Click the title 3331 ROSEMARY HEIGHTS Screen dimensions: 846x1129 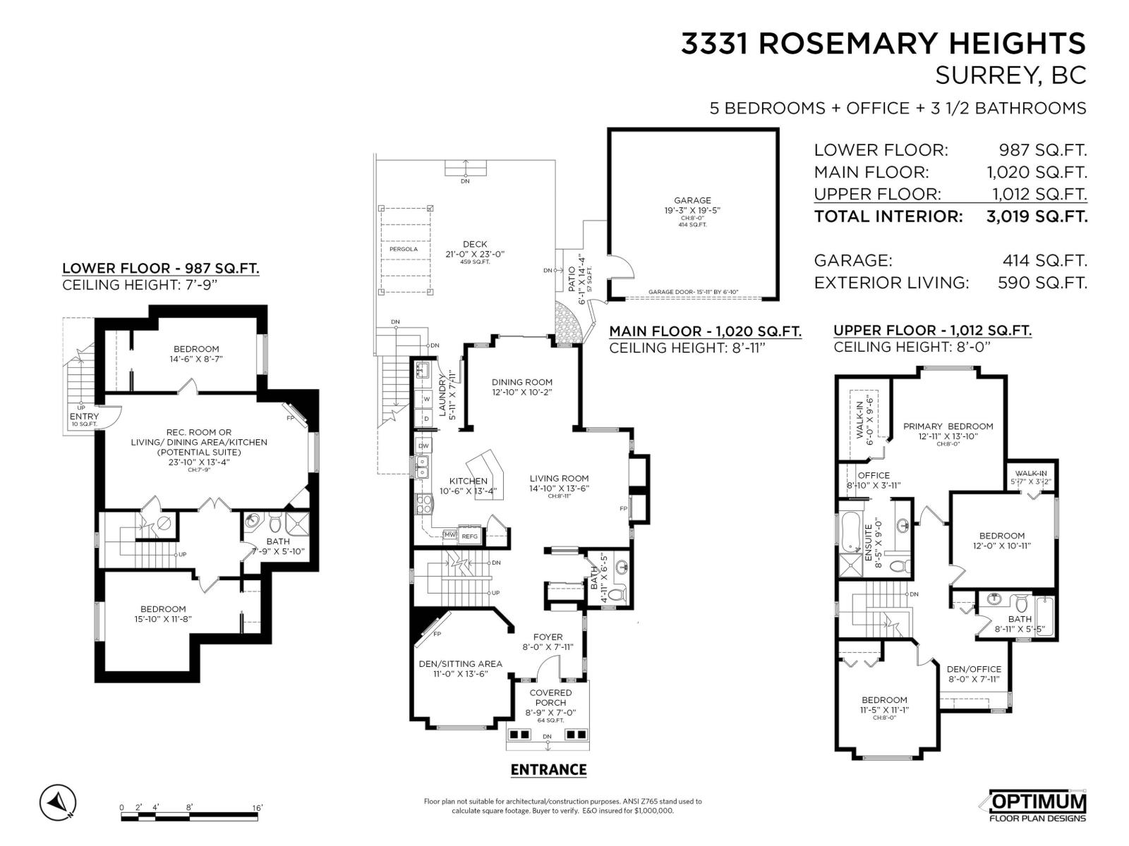tap(883, 44)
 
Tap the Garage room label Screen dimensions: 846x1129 tap(692, 200)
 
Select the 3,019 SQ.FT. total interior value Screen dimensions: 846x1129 tap(1037, 216)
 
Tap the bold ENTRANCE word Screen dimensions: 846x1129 tap(548, 769)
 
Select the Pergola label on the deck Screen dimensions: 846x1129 tap(404, 249)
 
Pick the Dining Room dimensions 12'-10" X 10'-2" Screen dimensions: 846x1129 tap(522, 393)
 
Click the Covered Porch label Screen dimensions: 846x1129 tap(550, 697)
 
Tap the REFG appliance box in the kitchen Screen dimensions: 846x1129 tap(469, 537)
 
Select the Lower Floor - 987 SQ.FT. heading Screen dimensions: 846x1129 tap(160, 268)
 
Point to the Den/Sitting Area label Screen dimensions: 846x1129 tap(460, 663)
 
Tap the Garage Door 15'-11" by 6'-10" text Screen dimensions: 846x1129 tap(693, 292)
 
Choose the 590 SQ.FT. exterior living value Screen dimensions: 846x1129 tap(1042, 283)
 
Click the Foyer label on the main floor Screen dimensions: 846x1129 tap(548, 637)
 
